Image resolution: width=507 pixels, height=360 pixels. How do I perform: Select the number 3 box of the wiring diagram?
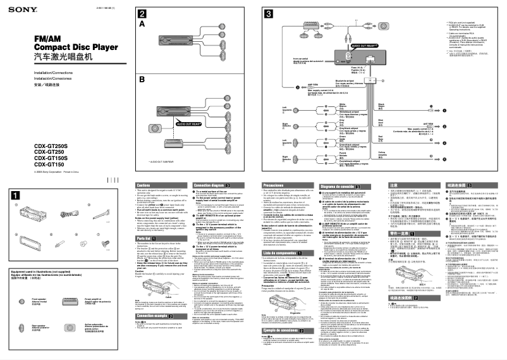click(x=269, y=14)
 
